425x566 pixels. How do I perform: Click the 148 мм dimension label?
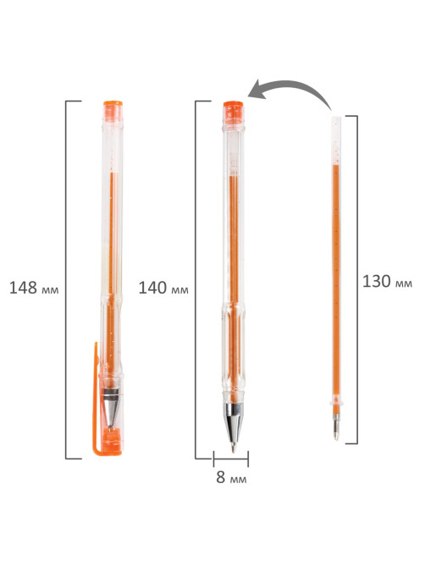(x=34, y=288)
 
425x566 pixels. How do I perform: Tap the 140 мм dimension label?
(x=163, y=288)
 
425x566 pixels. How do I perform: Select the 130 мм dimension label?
(x=387, y=282)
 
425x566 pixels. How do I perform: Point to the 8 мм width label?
(x=231, y=477)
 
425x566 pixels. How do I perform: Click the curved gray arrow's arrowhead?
(x=257, y=90)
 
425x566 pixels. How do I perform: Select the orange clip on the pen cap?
(x=96, y=397)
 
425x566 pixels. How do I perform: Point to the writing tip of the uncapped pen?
(x=234, y=448)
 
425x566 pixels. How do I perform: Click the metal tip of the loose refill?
(x=336, y=427)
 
